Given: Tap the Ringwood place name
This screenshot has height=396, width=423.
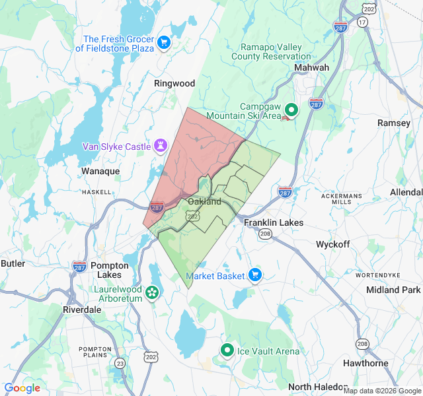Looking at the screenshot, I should coord(174,83).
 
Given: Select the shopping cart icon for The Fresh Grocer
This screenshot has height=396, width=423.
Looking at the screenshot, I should coord(164,44).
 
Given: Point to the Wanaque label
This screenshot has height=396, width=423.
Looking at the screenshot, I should coord(100,171).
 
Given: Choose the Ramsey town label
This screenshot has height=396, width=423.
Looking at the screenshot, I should coord(394,123).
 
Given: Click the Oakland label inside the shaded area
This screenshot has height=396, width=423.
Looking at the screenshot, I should coord(204,201).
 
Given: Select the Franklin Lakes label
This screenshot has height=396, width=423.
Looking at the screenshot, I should coord(274,222).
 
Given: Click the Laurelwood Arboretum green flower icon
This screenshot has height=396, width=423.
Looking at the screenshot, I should coord(153,292).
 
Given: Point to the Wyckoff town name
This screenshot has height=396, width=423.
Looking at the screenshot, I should coord(332,244).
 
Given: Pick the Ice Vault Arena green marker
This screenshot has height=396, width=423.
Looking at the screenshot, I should coord(227,350).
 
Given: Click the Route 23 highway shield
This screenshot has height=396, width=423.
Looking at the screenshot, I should coord(120,363).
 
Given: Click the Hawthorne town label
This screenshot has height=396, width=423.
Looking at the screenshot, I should coord(365,363).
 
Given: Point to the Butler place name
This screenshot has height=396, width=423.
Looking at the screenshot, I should coord(13,263).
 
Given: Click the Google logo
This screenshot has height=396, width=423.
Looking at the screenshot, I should coord(22,388).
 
